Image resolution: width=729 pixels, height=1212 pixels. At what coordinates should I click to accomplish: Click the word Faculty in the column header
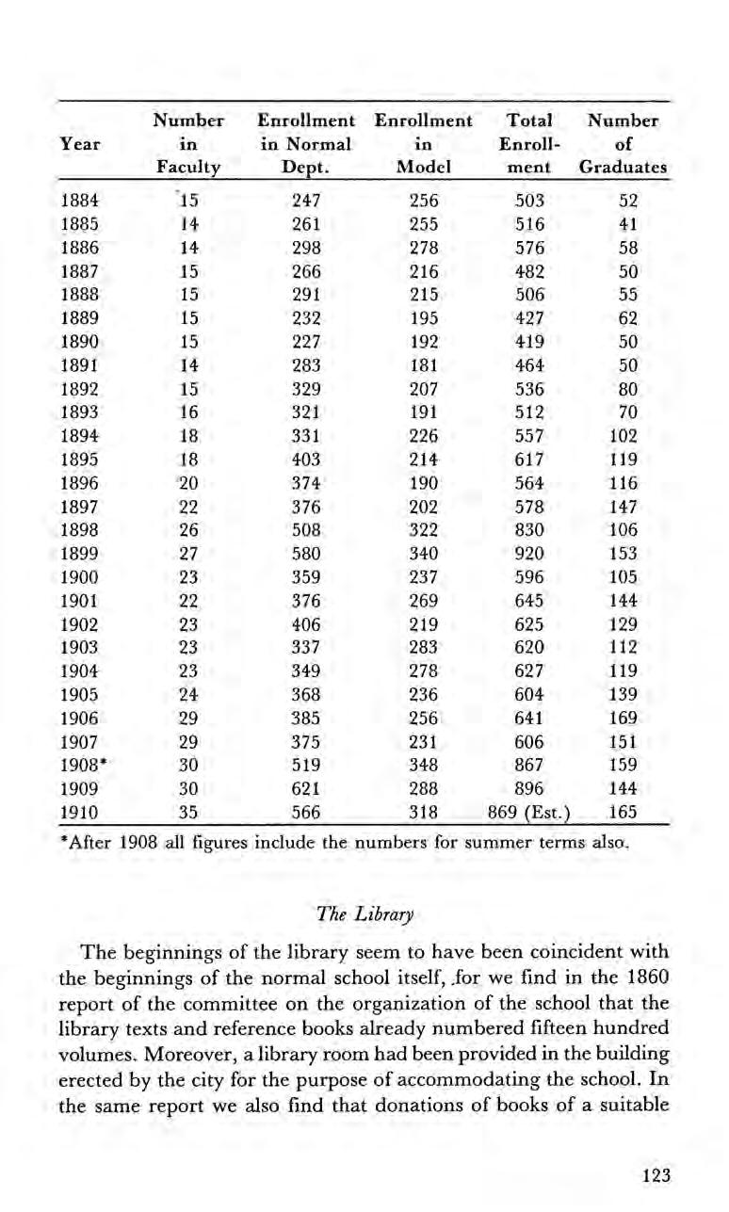192,168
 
